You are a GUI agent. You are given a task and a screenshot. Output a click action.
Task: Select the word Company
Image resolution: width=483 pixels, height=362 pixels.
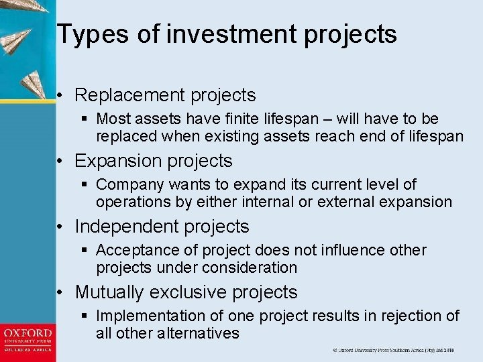[x=127, y=184]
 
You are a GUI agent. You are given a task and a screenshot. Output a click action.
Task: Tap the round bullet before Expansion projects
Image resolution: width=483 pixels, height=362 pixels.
[x=60, y=162]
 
